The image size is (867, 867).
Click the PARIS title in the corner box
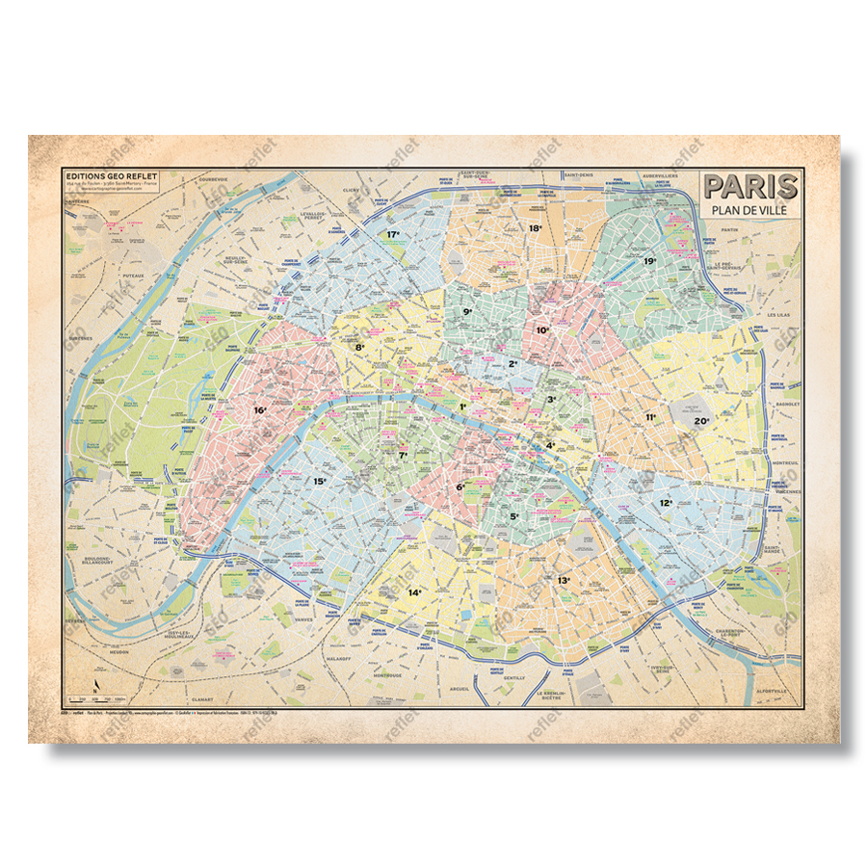(749, 185)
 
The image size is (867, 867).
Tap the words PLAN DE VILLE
(749, 210)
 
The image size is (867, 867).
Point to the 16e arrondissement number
(260, 410)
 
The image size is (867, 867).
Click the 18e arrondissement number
(535, 228)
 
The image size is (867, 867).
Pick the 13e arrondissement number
(564, 580)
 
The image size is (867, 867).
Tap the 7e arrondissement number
(404, 455)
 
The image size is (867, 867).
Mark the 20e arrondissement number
(701, 421)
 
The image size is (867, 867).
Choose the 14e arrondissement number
(415, 592)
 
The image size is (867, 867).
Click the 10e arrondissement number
(542, 329)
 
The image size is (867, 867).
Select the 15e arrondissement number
(320, 481)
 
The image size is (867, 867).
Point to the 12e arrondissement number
(666, 503)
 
